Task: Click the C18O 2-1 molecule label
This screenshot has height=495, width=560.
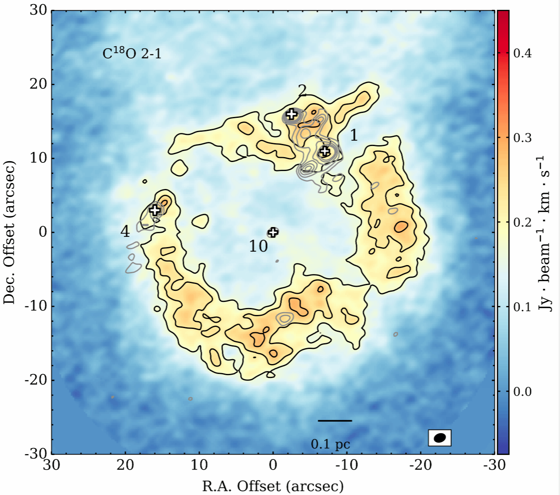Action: coord(132,54)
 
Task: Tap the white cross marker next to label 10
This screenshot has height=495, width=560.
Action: coord(273,232)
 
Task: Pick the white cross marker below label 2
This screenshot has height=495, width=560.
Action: coord(291,114)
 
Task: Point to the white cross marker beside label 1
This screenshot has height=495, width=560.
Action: coord(325,151)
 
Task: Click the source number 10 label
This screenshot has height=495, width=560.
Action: coord(258,246)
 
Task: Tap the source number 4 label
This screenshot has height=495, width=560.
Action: coord(125,232)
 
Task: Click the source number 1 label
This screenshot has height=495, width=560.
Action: coord(354,135)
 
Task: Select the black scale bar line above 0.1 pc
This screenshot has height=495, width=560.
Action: coord(335,421)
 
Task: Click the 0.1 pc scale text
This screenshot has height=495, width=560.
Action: coord(330,444)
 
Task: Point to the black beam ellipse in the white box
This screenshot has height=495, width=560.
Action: coord(440,438)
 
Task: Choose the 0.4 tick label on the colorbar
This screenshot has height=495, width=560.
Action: coord(522,53)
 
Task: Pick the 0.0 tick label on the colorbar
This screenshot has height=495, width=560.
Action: coord(522,391)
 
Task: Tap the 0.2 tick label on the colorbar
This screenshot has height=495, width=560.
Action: coord(522,223)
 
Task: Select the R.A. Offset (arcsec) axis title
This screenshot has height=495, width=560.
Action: coord(273,486)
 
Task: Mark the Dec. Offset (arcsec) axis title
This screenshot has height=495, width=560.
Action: coord(9,232)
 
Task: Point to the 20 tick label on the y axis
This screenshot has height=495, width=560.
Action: coord(38,84)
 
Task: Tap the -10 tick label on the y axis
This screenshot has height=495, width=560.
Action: coord(36,306)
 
